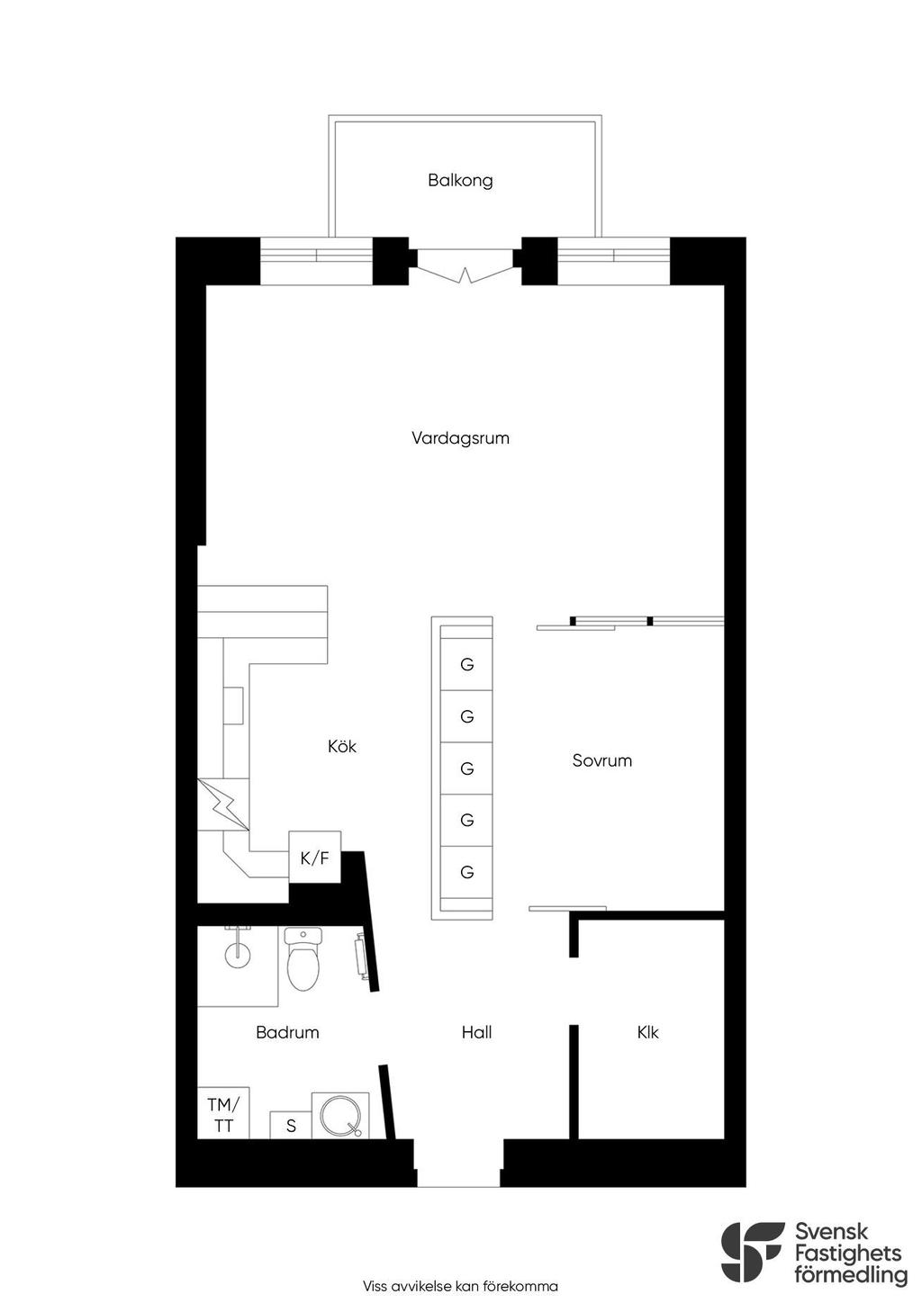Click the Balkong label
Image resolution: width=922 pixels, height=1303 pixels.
tap(460, 180)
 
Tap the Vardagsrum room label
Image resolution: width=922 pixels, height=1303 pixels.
tap(460, 438)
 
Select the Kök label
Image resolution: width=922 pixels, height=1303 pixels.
tap(341, 746)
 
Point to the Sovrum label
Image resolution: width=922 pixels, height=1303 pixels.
tap(601, 760)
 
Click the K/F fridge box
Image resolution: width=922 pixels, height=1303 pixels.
tap(315, 857)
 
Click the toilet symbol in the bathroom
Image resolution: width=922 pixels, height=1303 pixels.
tap(303, 963)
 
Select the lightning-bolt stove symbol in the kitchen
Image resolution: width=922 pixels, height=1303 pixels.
tap(223, 804)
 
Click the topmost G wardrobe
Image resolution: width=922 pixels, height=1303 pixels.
tap(466, 664)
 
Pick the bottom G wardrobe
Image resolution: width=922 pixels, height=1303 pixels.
tap(466, 872)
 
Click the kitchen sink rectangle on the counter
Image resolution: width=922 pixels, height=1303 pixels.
tap(233, 705)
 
